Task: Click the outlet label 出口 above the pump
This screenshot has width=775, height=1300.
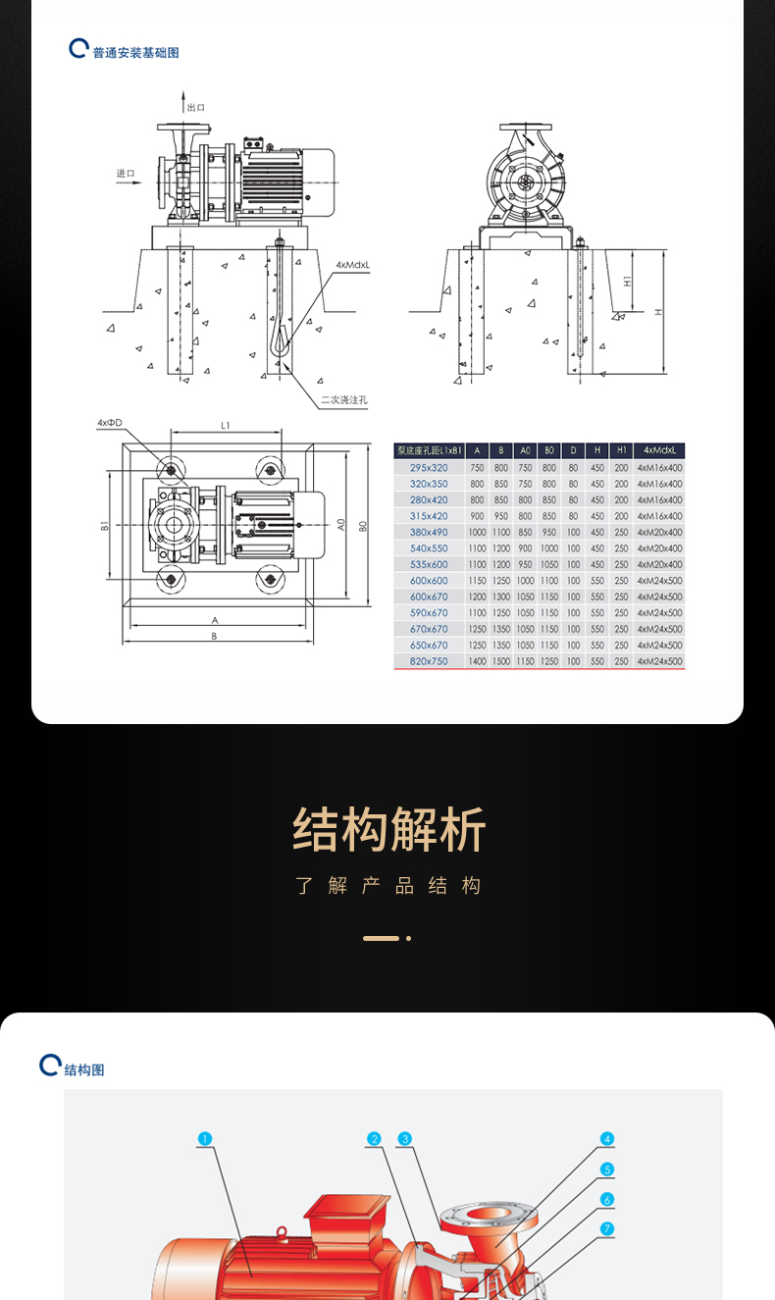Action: tap(196, 107)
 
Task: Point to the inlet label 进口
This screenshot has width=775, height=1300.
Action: tap(126, 174)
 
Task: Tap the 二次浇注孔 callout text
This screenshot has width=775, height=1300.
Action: tap(343, 399)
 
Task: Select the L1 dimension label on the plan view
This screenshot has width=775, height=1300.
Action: tap(225, 425)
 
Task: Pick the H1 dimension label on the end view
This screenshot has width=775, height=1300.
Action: tap(628, 281)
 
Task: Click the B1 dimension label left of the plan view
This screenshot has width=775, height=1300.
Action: tap(104, 526)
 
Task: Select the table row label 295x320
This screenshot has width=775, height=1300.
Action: tap(429, 468)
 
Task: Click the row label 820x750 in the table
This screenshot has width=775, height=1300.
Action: tap(429, 661)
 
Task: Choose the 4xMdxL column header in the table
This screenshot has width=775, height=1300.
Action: tap(660, 451)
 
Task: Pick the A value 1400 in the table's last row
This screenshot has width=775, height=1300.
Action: tap(477, 661)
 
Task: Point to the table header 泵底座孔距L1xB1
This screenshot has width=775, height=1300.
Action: tap(429, 451)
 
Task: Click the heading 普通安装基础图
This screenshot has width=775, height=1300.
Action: tap(135, 53)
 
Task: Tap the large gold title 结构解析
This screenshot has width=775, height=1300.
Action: tap(388, 830)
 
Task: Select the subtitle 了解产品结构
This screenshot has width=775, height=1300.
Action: tap(388, 886)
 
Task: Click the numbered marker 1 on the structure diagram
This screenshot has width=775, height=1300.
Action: tap(204, 1139)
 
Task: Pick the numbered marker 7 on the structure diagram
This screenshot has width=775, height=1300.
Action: tap(607, 1228)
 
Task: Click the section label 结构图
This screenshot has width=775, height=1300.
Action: tap(84, 1069)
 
